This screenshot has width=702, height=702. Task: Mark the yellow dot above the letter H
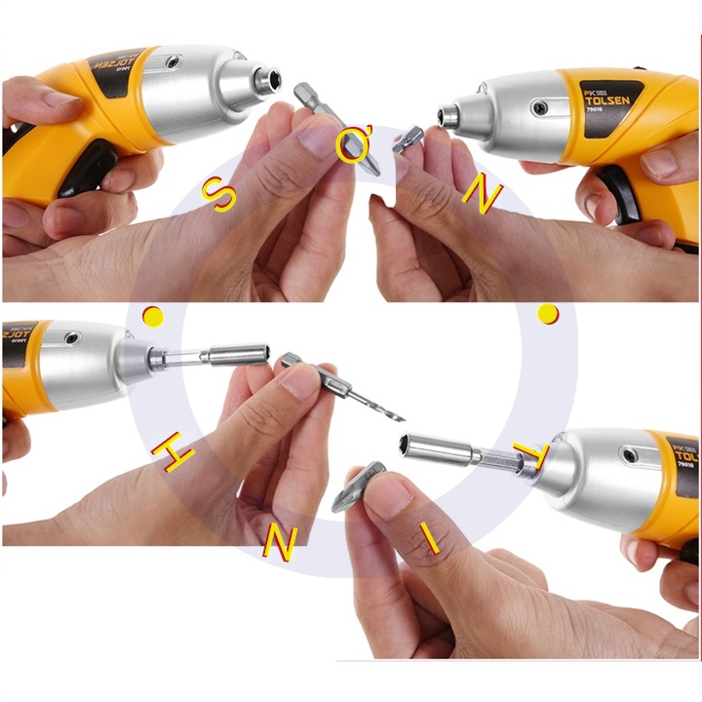click(152, 316)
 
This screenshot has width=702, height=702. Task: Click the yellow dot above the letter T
click(549, 314)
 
